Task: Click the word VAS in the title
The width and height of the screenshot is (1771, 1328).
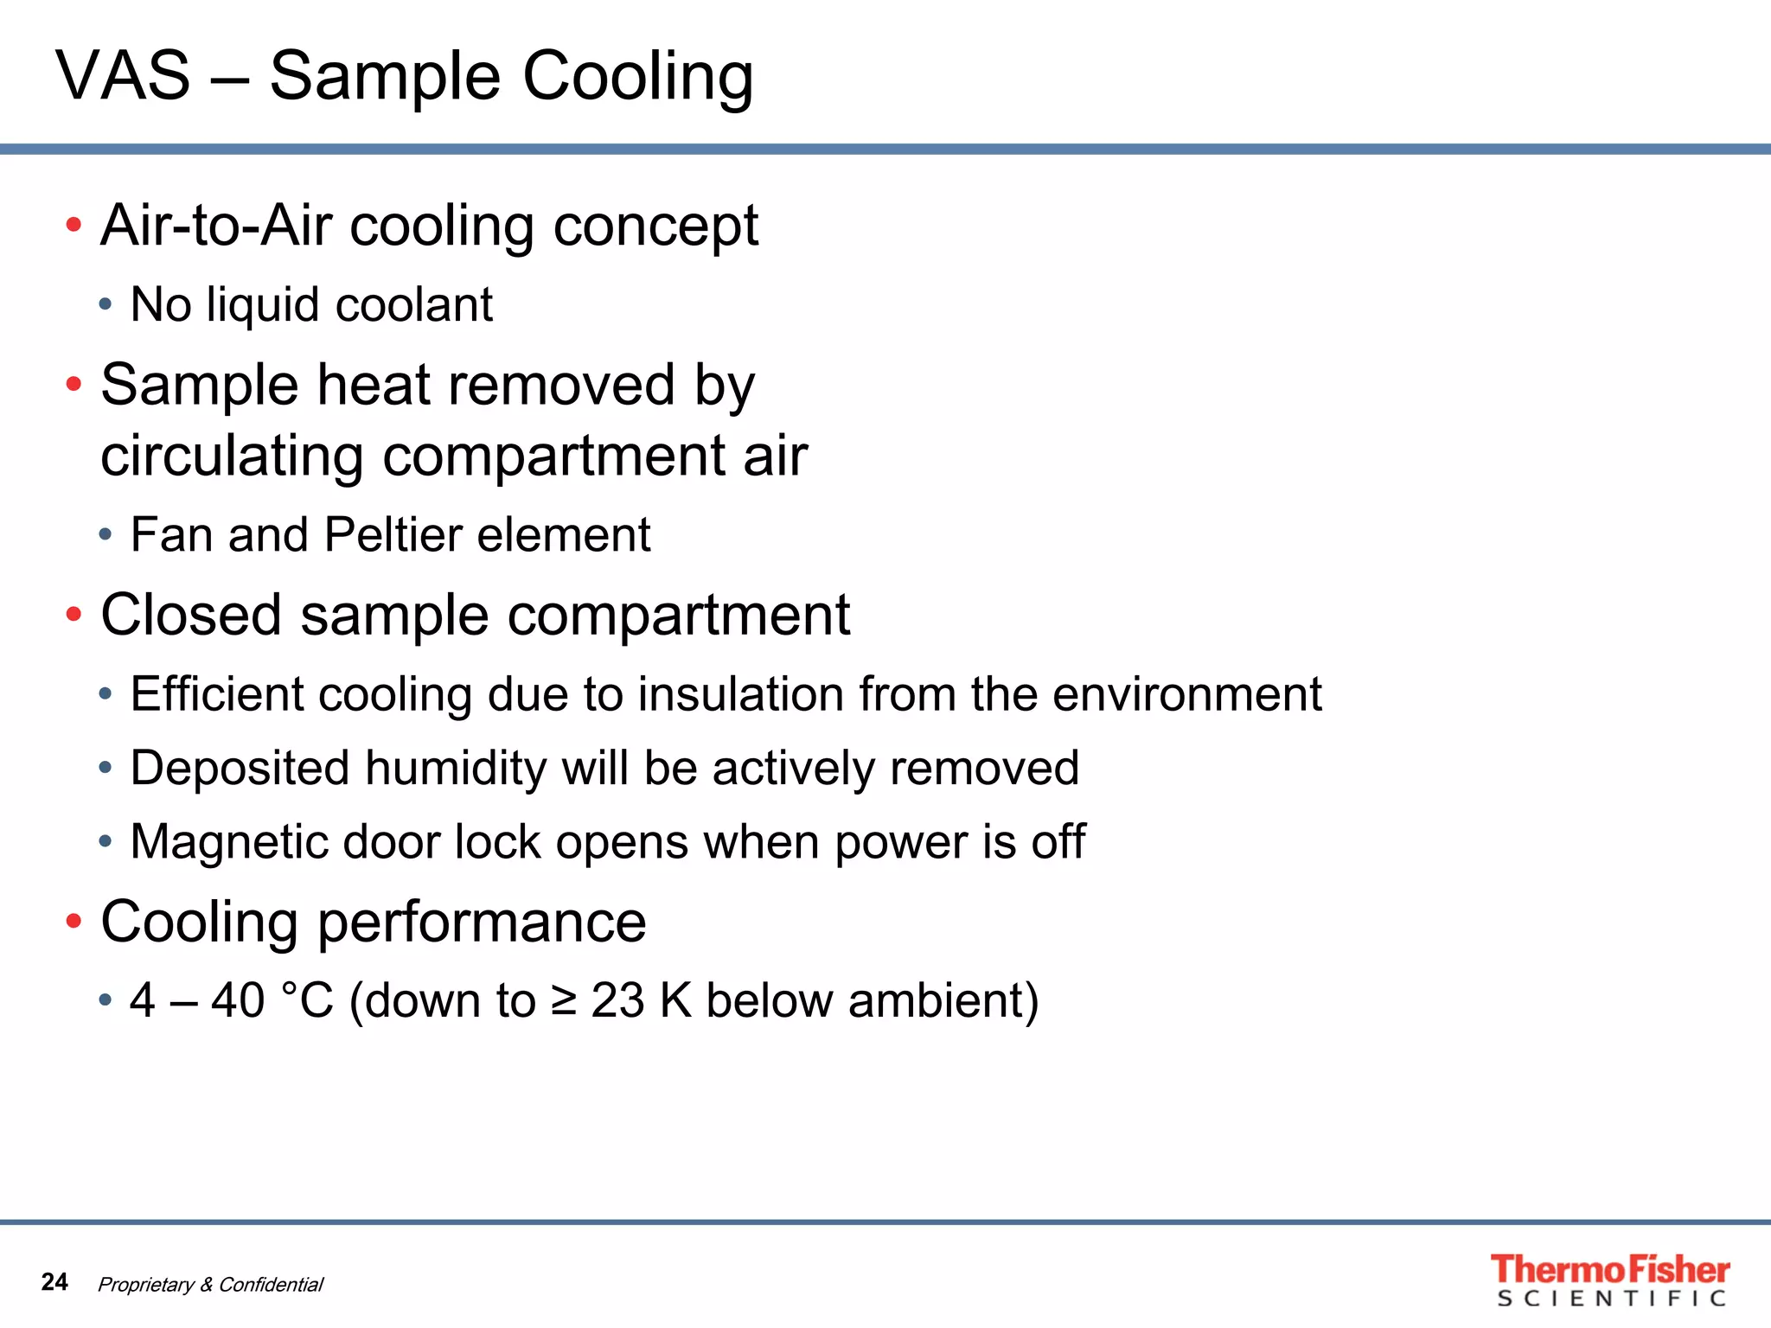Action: click(123, 76)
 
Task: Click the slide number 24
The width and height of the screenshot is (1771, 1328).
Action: click(54, 1281)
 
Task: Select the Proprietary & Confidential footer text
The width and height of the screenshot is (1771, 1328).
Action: click(210, 1284)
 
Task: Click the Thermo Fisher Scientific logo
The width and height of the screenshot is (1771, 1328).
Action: click(1609, 1280)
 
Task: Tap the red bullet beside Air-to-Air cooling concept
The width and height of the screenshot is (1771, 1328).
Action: click(74, 226)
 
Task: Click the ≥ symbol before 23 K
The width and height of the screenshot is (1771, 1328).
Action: click(564, 1001)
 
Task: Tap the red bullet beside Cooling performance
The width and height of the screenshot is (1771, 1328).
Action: click(74, 922)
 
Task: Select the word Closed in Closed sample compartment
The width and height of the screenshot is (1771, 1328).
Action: click(191, 615)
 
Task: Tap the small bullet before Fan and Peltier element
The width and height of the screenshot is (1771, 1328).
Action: click(105, 534)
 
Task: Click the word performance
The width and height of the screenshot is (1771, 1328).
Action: click(482, 923)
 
